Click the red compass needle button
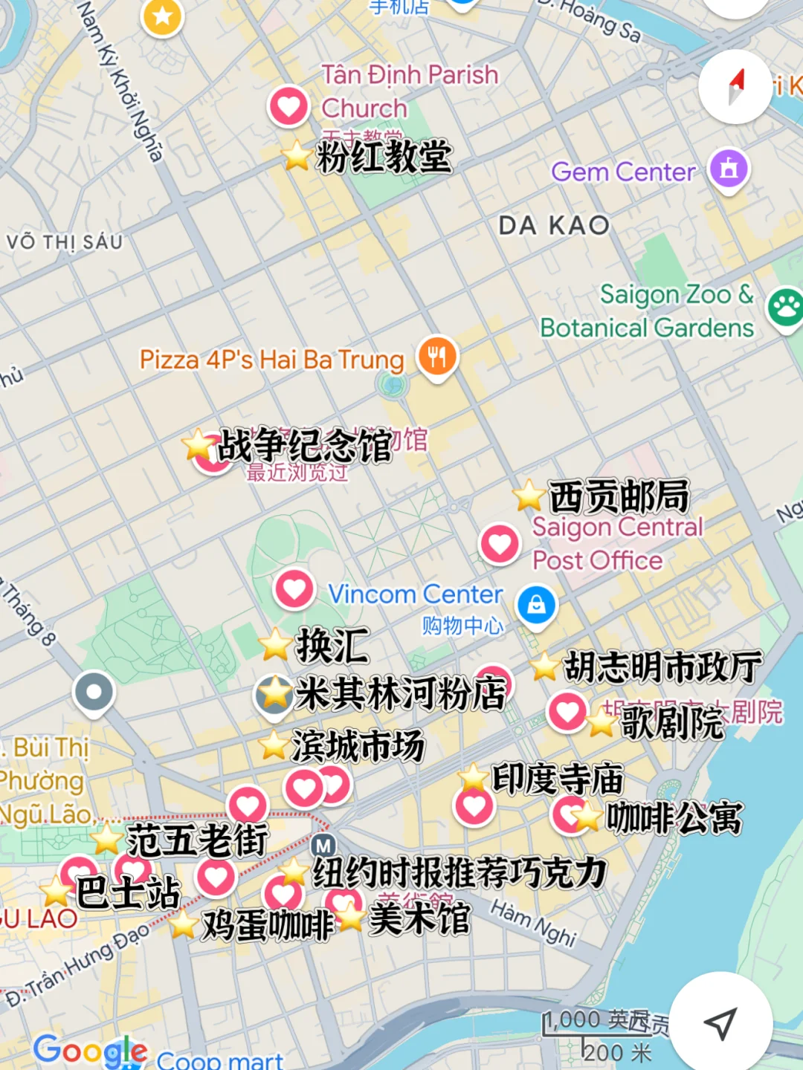735,87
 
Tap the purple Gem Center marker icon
729,169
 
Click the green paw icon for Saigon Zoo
785,307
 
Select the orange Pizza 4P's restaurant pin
437,356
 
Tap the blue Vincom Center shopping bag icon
536,605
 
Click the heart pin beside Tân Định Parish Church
288,106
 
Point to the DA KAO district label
554,225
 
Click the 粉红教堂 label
384,157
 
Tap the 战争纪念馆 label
304,446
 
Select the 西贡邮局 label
619,496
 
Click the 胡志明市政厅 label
662,667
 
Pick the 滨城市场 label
358,745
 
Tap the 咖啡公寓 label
674,818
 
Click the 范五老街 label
197,840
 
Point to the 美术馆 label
419,919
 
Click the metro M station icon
323,846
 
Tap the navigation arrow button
720,1023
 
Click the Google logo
90,1050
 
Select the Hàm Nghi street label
533,923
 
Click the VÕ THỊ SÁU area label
64,242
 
